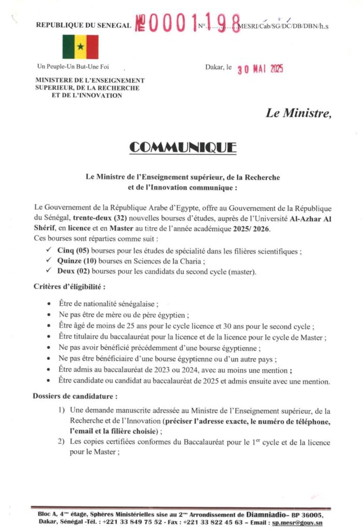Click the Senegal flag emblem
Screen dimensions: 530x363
pyautogui.click(x=80, y=47)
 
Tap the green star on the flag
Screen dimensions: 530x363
pyautogui.click(x=80, y=47)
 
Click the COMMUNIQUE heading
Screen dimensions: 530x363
pyautogui.click(x=183, y=147)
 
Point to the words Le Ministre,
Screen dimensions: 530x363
pyautogui.click(x=298, y=113)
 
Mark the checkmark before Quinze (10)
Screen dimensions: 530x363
pyautogui.click(x=48, y=260)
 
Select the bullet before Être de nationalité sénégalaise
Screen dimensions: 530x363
pyautogui.click(x=48, y=304)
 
